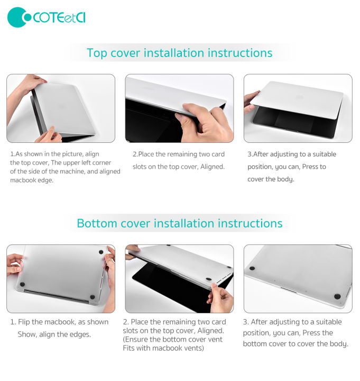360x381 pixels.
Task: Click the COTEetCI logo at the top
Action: pyautogui.click(x=47, y=17)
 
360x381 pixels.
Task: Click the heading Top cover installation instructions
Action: pyautogui.click(x=180, y=53)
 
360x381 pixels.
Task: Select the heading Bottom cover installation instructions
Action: pyautogui.click(x=180, y=223)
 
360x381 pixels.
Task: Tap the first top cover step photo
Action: pyautogui.click(x=61, y=108)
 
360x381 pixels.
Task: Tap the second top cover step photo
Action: pyautogui.click(x=179, y=108)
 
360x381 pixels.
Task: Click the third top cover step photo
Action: pyautogui.click(x=298, y=108)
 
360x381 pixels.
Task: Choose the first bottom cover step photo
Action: pyautogui.click(x=61, y=278)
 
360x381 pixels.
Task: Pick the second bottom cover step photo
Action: pyautogui.click(x=179, y=278)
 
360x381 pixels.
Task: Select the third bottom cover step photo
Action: pyautogui.click(x=298, y=278)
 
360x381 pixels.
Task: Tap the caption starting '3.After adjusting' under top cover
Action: pyautogui.click(x=292, y=167)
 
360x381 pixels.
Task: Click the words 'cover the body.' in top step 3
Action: pyautogui.click(x=271, y=179)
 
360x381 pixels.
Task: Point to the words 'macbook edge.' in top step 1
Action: pyautogui.click(x=31, y=180)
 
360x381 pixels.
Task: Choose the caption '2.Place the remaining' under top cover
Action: pyautogui.click(x=179, y=160)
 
